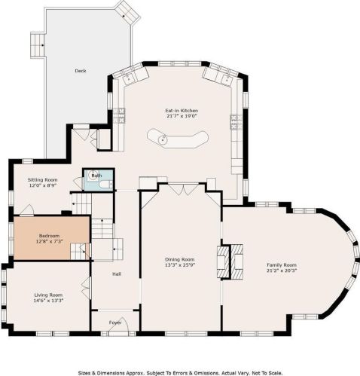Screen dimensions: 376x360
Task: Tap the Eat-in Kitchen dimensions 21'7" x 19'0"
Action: click(181, 117)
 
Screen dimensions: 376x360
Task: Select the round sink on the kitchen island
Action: click(162, 137)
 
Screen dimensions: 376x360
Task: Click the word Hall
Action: click(117, 274)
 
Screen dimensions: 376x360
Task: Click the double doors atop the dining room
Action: click(179, 189)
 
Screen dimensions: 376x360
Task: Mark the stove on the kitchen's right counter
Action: click(235, 121)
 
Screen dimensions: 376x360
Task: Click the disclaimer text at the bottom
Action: click(179, 371)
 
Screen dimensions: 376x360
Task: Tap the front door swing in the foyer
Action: click(124, 326)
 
